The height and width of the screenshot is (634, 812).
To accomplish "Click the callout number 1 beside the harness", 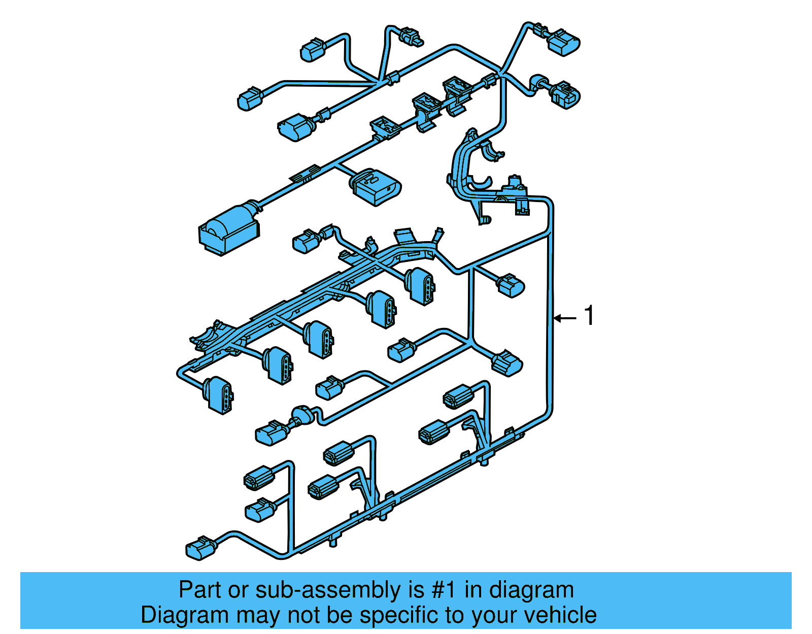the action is [x=589, y=316].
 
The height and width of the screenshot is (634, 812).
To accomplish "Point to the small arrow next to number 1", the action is [x=565, y=318].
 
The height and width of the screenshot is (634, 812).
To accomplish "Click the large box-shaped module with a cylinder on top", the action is [x=229, y=229].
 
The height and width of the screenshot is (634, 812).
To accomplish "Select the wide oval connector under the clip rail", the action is [x=375, y=187].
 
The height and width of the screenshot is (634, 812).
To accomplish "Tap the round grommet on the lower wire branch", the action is [x=302, y=415].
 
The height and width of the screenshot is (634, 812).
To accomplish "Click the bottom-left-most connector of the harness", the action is [x=200, y=548].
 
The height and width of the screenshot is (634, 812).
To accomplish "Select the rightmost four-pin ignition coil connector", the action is [x=421, y=286].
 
